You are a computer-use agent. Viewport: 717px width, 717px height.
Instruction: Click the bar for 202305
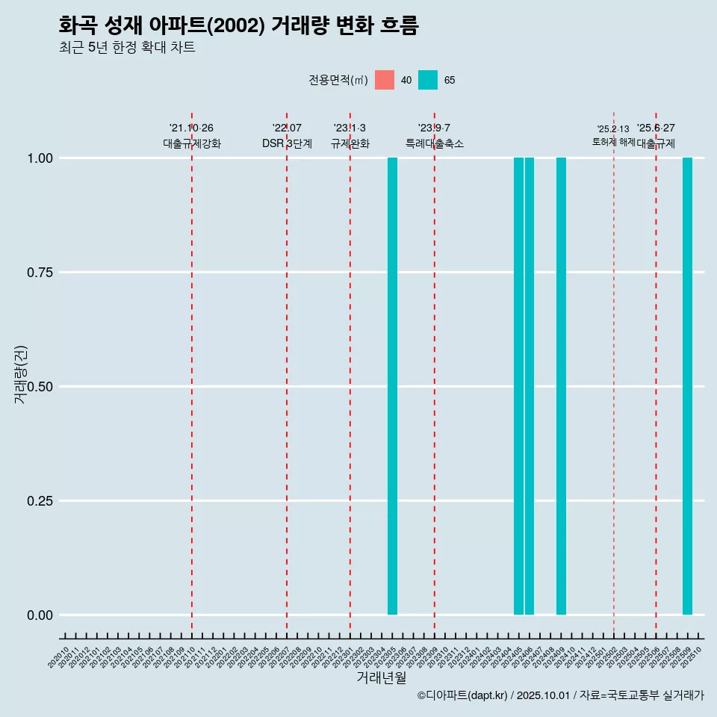tap(392, 386)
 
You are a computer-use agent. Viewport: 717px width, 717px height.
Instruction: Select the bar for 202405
tap(518, 386)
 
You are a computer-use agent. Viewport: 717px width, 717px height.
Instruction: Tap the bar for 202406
tap(529, 386)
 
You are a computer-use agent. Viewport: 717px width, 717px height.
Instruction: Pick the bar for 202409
tap(561, 386)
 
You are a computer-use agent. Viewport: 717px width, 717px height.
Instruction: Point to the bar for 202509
tap(687, 386)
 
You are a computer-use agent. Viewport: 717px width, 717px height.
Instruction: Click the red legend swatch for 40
tap(385, 80)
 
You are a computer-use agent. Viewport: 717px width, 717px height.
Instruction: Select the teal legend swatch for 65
tap(428, 80)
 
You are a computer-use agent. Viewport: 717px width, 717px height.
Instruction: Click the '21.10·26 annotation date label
tap(191, 128)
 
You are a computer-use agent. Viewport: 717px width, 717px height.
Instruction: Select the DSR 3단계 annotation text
tap(287, 143)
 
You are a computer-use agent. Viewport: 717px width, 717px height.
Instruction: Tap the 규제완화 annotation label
tap(350, 143)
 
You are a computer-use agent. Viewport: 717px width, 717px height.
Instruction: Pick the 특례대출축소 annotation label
tap(435, 143)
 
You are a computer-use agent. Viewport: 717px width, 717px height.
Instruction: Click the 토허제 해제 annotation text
tap(613, 141)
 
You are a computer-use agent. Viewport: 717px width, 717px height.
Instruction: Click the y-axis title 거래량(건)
tap(21, 374)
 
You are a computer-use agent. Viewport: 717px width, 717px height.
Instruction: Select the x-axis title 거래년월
tap(381, 678)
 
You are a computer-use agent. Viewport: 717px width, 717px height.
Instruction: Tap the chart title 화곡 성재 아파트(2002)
tap(238, 26)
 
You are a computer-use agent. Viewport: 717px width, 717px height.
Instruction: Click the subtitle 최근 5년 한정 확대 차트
tap(127, 48)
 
